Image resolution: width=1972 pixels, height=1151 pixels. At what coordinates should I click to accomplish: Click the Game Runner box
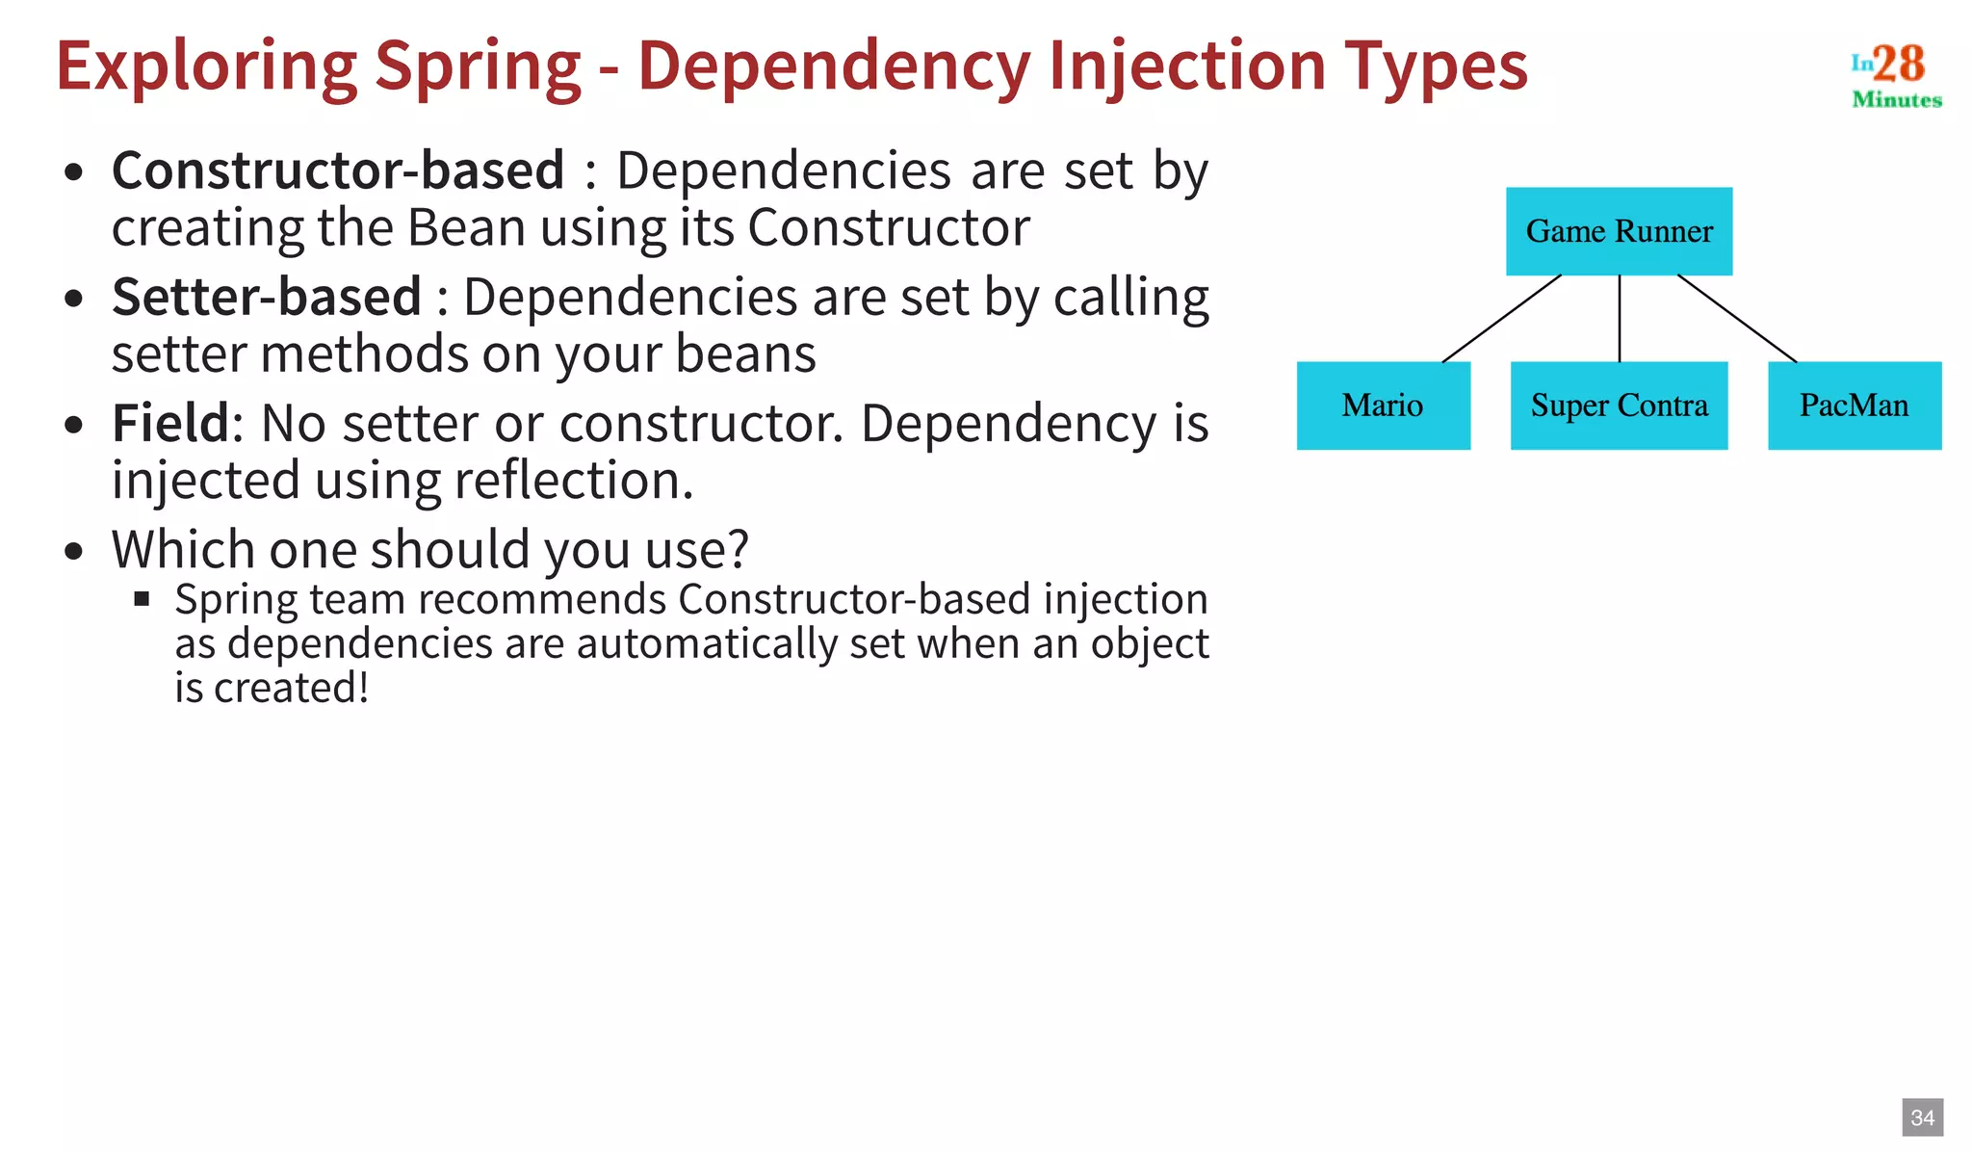coord(1619,231)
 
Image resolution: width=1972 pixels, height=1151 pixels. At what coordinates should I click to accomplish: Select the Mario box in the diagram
coord(1383,405)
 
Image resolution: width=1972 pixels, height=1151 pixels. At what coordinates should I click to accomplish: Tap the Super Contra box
coord(1619,405)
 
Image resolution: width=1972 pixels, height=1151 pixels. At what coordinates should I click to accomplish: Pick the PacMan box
coord(1854,405)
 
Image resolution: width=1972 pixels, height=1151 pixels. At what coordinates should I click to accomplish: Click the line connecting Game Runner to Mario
coord(1501,319)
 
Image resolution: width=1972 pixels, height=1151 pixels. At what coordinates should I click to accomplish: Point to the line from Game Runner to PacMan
coord(1737,319)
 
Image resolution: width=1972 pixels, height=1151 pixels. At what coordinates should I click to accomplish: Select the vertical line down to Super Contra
coord(1620,319)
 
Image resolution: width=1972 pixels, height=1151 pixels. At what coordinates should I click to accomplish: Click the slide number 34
coord(1922,1117)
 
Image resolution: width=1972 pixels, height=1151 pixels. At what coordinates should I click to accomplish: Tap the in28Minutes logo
coord(1895,75)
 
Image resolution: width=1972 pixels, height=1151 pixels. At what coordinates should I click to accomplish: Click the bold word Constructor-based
coord(338,170)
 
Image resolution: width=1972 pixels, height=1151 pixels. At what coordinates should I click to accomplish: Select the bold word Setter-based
coord(267,297)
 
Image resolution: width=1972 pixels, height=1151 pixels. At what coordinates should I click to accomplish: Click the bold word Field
coord(170,423)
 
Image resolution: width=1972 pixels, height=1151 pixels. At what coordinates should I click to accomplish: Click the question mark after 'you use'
coord(738,549)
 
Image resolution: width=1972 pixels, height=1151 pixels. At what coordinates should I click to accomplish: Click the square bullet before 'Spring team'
coord(143,599)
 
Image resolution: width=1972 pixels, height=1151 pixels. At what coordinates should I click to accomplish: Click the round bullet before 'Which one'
coord(74,552)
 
